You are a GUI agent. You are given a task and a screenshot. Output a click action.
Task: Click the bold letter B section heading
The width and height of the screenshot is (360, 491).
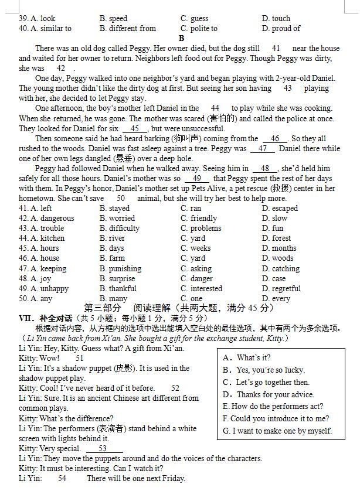(x=181, y=38)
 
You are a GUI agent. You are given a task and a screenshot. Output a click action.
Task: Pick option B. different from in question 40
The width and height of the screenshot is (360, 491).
(x=128, y=28)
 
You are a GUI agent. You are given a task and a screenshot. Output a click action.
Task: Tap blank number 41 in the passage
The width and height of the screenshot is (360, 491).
(x=276, y=48)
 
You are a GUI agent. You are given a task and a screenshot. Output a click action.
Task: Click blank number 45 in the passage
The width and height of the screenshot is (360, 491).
(x=135, y=128)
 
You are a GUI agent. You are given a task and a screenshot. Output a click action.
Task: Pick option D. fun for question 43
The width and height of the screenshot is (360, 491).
(x=272, y=228)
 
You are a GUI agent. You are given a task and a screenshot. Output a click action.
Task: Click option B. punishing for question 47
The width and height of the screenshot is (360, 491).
(x=120, y=268)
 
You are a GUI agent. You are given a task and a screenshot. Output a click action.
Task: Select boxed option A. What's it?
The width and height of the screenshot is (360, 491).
(x=246, y=357)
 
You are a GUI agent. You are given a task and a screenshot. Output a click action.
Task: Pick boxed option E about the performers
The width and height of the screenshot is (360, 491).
(x=273, y=406)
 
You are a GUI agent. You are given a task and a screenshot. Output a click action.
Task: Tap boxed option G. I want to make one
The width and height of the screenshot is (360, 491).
(x=277, y=431)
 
